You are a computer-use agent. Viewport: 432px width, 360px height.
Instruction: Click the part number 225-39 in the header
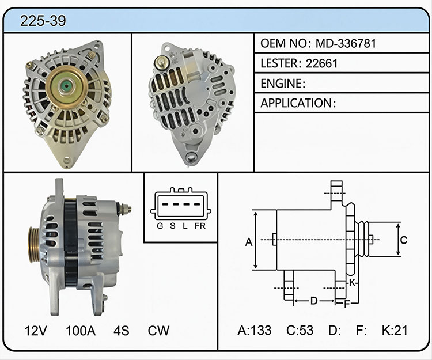click(43, 21)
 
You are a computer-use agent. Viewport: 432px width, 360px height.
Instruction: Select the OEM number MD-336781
click(346, 44)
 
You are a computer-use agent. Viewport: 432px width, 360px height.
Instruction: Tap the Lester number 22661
click(321, 63)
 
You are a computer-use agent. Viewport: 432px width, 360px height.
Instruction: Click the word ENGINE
click(281, 84)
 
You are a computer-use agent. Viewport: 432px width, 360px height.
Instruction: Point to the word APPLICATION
click(296, 103)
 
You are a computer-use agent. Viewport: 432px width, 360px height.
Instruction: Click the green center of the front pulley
click(67, 87)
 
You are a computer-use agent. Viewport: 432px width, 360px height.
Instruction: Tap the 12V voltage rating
click(36, 331)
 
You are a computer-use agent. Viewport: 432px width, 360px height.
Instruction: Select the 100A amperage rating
click(81, 331)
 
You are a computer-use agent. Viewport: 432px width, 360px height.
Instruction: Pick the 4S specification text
click(121, 331)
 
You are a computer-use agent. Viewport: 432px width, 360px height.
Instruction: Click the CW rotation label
click(158, 331)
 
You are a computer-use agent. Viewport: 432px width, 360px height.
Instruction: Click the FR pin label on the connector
click(200, 226)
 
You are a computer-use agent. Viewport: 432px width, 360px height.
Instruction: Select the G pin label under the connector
click(160, 226)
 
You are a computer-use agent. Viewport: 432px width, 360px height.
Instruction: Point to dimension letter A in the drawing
click(249, 242)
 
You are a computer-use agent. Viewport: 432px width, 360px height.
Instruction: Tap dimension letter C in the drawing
click(404, 240)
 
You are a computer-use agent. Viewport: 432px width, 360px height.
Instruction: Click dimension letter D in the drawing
click(314, 301)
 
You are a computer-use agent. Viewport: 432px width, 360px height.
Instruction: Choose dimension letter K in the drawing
click(353, 283)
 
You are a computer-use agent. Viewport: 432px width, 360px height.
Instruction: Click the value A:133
click(255, 331)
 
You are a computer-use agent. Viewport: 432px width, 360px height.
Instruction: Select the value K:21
click(395, 331)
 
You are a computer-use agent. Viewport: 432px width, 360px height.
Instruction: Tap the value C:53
click(300, 331)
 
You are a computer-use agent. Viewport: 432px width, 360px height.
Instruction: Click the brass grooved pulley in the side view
click(35, 245)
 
